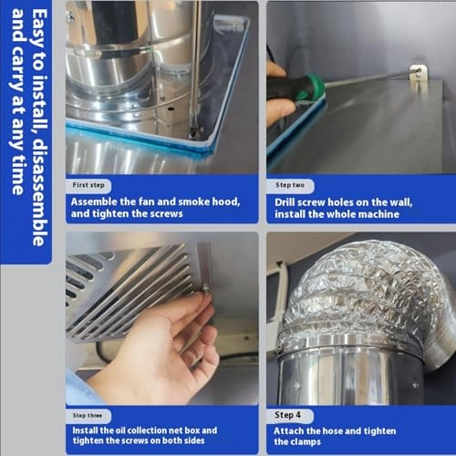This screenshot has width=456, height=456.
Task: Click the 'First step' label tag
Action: (92, 184)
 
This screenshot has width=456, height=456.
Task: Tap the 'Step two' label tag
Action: (291, 184)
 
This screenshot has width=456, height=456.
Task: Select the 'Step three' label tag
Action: (92, 414)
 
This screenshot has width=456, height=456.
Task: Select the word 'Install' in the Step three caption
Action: (89, 430)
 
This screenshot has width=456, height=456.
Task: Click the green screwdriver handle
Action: (312, 89)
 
